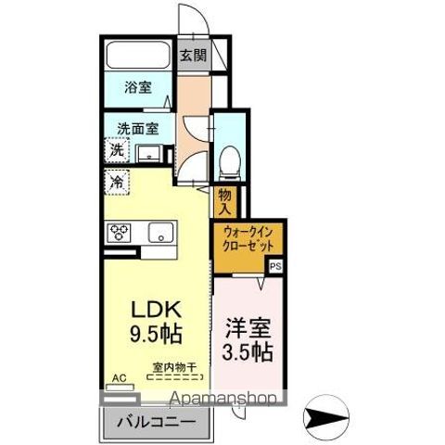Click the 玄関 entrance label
tap(192, 55)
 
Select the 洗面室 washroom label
tap(135, 129)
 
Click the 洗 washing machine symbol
tap(118, 149)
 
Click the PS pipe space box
tap(275, 266)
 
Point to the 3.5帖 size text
tap(248, 352)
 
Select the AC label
tap(118, 377)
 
